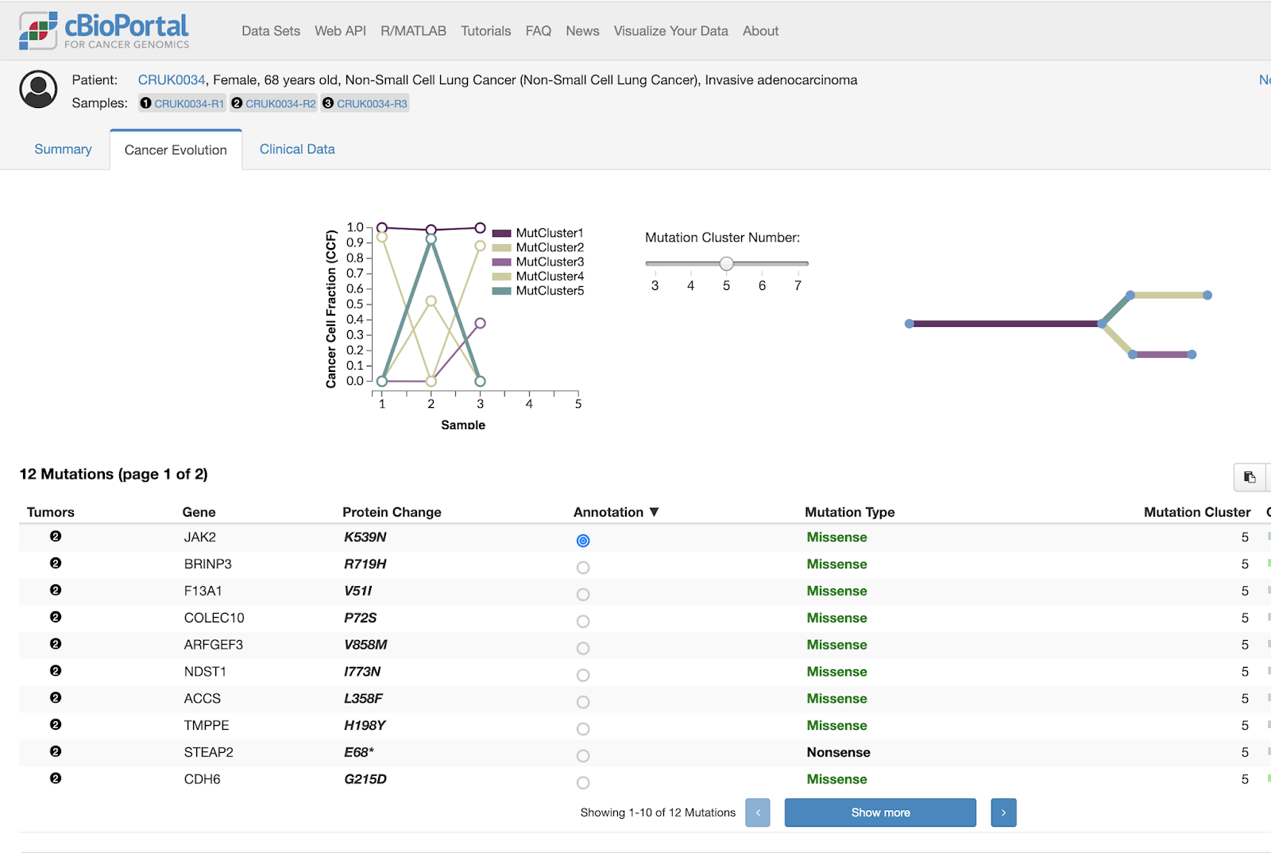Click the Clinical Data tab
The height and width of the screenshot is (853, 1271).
(x=297, y=149)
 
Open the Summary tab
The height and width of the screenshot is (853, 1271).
(x=63, y=149)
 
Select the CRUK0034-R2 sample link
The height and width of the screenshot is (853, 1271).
(x=280, y=103)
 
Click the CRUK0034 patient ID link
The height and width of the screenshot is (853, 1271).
(x=172, y=80)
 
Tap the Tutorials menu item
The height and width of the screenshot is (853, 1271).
(x=485, y=31)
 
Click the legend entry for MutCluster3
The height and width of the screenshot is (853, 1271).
(x=549, y=262)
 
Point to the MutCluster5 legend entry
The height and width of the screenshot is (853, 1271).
(x=549, y=291)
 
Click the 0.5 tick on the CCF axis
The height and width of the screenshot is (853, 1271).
(x=355, y=304)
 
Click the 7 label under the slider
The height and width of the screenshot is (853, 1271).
(x=798, y=285)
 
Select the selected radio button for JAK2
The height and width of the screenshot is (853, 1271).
(x=583, y=541)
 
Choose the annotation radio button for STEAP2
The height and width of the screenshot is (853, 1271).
(x=583, y=756)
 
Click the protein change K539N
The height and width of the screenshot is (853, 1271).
(x=365, y=537)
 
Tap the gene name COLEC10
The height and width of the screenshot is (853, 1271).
(x=214, y=618)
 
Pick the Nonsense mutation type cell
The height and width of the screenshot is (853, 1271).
(x=838, y=752)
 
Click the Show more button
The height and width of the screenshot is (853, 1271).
(x=880, y=812)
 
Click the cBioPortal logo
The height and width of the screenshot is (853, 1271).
(x=104, y=31)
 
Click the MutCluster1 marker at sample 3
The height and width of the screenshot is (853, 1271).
(x=480, y=228)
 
